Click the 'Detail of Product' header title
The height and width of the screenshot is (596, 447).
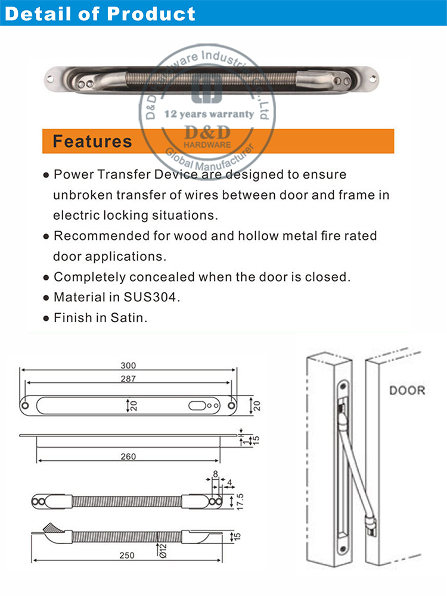click(100, 13)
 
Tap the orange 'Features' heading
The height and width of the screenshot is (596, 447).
click(92, 141)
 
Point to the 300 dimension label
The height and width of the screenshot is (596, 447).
click(128, 366)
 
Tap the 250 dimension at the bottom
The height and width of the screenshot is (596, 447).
click(126, 555)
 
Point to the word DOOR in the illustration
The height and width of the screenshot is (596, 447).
click(407, 391)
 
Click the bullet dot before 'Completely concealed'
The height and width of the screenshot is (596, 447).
click(46, 277)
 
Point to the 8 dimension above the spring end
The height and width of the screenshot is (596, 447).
click(215, 475)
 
